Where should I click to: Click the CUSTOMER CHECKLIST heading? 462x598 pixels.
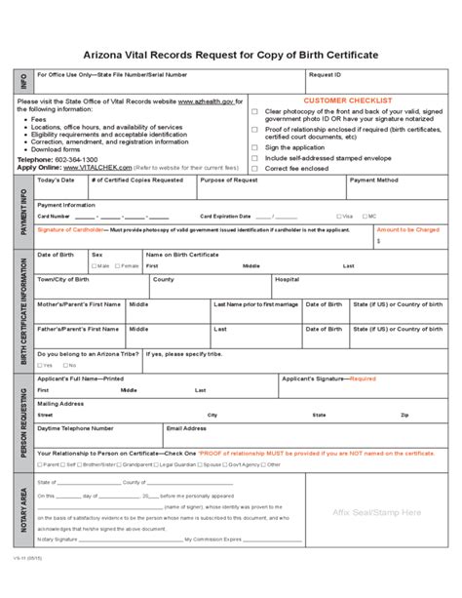coord(348,100)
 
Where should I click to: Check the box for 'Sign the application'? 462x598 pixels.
coord(255,146)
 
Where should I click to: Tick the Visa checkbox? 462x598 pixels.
coord(337,216)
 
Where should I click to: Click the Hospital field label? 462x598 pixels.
coord(288,279)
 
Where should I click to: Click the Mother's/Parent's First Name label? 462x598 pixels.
coord(79,303)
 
